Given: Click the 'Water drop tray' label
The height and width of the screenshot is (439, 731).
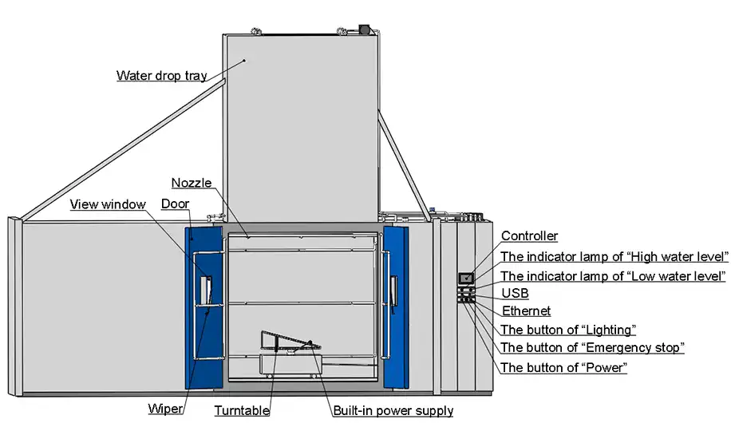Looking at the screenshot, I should [161, 77].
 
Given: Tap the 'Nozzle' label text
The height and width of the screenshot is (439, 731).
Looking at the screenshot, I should [192, 183].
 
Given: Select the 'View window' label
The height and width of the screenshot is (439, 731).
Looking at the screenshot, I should [108, 204].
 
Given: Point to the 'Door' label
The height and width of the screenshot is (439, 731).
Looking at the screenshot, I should [175, 204].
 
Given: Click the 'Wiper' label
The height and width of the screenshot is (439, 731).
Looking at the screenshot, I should [166, 409].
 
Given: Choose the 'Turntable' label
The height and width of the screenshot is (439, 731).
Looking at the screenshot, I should [242, 411].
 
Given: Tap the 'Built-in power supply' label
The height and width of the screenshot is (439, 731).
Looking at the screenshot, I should [393, 411].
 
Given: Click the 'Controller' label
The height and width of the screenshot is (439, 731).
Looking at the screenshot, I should [529, 236].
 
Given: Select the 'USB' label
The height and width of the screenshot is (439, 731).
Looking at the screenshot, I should [515, 294].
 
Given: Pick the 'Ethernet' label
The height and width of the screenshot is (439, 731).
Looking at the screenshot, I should [526, 311].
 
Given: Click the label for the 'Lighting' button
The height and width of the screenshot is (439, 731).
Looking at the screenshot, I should [567, 330].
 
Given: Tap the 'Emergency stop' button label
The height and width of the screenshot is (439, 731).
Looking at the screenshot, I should [592, 348].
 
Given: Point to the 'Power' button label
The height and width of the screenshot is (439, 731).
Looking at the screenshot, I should [563, 368].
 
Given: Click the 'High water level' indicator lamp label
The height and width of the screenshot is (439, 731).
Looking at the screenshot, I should [614, 257].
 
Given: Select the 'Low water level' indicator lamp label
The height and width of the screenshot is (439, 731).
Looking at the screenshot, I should [613, 276].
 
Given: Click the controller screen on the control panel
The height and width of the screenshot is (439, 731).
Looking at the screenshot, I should [465, 278].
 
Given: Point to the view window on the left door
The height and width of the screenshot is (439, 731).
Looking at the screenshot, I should [207, 291].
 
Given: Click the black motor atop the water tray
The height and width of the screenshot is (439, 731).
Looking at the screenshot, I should [367, 29].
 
